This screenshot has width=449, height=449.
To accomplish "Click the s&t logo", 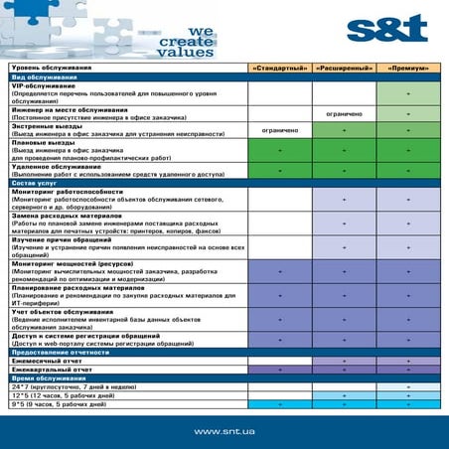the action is point(387,28).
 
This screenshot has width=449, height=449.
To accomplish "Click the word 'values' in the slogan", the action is point(185,53).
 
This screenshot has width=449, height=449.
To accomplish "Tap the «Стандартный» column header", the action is point(279,68).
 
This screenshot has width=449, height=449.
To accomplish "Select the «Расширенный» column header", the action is point(344,68).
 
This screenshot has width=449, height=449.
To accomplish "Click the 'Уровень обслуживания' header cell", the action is point(51,68).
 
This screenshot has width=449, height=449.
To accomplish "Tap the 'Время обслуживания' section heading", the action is point(49,378).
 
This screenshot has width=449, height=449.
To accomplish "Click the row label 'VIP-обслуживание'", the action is point(44,86).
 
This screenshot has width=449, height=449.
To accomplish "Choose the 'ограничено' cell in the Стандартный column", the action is point(279,130).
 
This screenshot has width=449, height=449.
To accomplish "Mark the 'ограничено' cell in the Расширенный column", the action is point(344,113).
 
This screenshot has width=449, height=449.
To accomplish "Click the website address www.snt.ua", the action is point(224,430).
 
